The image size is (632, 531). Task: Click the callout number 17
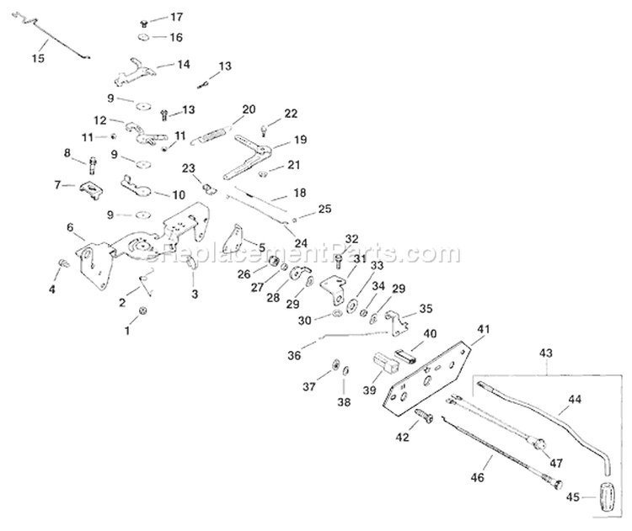tap(175, 17)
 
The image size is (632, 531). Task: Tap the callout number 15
tap(36, 57)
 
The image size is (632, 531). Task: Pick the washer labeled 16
tap(144, 39)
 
